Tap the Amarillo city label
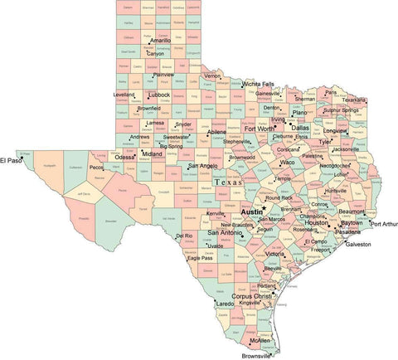pyautogui.click(x=160, y=40)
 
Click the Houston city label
pyautogui.click(x=316, y=222)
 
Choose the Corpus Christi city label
pyautogui.click(x=252, y=296)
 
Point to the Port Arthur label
pyautogui.click(x=384, y=224)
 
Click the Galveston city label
pyautogui.click(x=358, y=245)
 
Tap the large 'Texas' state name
pyautogui.click(x=229, y=182)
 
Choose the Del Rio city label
pyautogui.click(x=185, y=236)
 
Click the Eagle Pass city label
pyautogui.click(x=200, y=258)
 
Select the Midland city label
pyautogui.click(x=152, y=153)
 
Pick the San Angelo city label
pyautogui.click(x=203, y=165)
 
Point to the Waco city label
pyautogui.click(x=288, y=163)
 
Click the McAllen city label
pyautogui.click(x=260, y=339)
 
